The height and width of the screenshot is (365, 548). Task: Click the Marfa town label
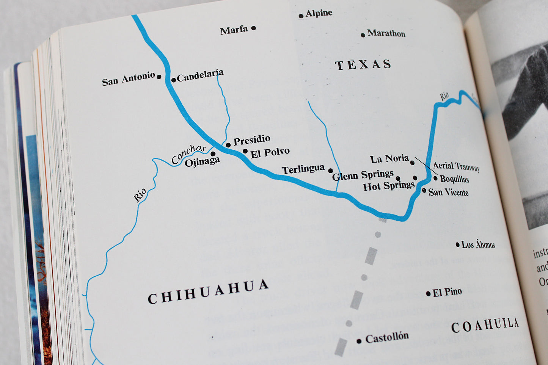tap(234, 30)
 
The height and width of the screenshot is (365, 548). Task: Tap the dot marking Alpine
tap(301, 16)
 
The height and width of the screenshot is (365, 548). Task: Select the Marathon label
tap(386, 33)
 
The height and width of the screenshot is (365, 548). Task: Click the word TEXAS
tap(363, 65)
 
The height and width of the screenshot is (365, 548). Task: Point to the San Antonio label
tap(128, 79)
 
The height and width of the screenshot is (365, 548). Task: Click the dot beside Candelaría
tap(173, 80)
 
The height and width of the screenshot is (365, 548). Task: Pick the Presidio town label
tap(251, 141)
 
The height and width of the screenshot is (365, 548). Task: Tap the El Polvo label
tap(270, 153)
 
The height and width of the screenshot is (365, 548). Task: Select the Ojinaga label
tap(202, 162)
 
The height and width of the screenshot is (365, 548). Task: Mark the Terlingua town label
tap(303, 169)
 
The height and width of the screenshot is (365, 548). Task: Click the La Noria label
tap(389, 158)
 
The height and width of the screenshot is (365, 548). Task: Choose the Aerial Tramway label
tap(456, 166)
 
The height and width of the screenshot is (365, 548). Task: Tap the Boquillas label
tap(454, 179)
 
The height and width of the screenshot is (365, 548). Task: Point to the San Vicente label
tap(448, 192)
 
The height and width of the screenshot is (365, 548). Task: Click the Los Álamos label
tap(478, 244)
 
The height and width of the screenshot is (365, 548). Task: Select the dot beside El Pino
tap(428, 294)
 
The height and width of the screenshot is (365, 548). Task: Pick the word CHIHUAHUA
tap(208, 292)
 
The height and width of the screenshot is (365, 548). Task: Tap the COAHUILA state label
tap(485, 325)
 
